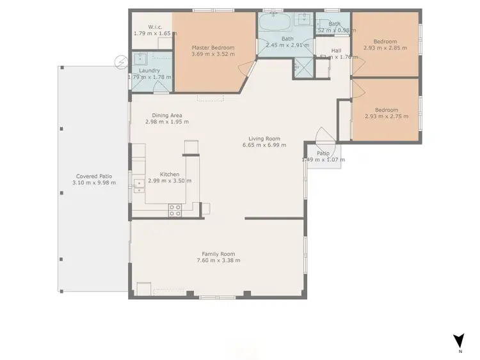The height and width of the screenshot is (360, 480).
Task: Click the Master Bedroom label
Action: tap(213, 47)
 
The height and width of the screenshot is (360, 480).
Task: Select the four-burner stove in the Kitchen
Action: tap(175, 208)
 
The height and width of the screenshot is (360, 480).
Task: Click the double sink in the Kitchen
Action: tap(138, 185)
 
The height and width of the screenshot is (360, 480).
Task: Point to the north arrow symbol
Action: tap(459, 341)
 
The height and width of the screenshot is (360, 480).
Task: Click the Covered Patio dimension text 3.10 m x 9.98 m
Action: tap(94, 183)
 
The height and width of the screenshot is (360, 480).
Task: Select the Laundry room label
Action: tap(148, 70)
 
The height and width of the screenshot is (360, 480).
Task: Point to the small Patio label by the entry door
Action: tap(323, 153)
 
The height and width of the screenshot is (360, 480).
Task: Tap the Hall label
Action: tap(336, 50)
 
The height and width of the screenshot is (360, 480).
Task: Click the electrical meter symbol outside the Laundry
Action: tap(120, 61)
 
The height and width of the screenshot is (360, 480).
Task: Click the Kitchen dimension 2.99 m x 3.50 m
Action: tap(170, 181)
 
